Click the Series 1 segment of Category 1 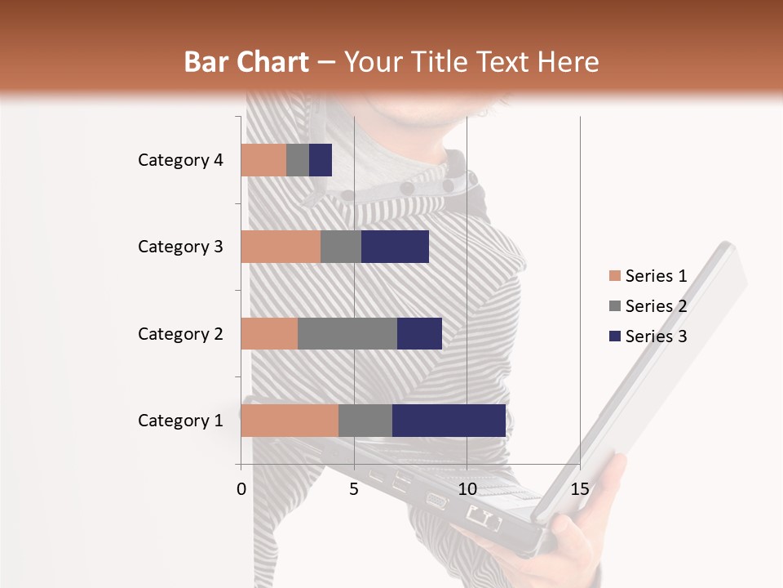[x=290, y=421]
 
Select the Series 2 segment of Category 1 [x=365, y=421]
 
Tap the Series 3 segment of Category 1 [x=449, y=421]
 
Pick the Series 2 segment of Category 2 [x=347, y=333]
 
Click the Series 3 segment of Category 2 [x=419, y=333]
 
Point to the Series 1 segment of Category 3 [x=281, y=247]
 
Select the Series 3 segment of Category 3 [x=395, y=247]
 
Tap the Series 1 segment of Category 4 [x=263, y=160]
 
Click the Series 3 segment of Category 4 [x=321, y=160]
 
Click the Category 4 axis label [x=180, y=160]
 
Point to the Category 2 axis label [x=180, y=333]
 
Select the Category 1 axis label [x=180, y=421]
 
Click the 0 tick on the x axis [x=241, y=489]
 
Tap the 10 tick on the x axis [x=467, y=489]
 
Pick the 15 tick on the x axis [x=580, y=489]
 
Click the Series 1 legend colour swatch [x=614, y=276]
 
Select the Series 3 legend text [x=656, y=336]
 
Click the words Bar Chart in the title [x=246, y=62]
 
